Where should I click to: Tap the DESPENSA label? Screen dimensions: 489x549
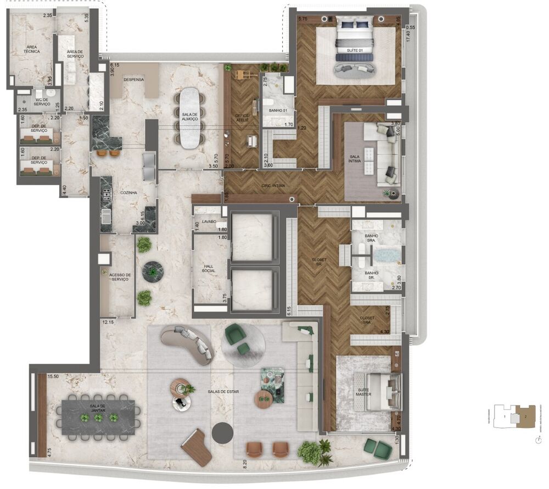pos(133,80)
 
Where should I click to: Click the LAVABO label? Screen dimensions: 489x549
pos(209,221)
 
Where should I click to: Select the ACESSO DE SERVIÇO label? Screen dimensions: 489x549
pos(120,277)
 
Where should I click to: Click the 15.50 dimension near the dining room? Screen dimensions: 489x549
pos(53,376)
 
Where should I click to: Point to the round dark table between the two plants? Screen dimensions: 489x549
pos(153,271)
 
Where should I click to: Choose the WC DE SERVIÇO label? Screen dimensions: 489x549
pos(42,102)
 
